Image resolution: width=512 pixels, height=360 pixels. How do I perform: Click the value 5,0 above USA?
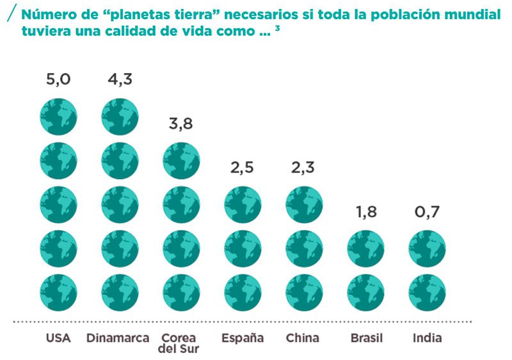pyautogui.click(x=58, y=79)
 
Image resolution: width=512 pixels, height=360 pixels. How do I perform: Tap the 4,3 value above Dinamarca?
pyautogui.click(x=119, y=79)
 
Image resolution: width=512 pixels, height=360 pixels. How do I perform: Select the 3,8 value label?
pyautogui.click(x=181, y=124)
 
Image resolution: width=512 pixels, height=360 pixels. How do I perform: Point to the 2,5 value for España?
pyautogui.click(x=243, y=168)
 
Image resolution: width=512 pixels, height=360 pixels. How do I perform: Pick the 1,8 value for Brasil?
pyautogui.click(x=365, y=212)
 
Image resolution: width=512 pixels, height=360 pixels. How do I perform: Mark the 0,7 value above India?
pyautogui.click(x=427, y=212)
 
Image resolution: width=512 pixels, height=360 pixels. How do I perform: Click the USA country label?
pyautogui.click(x=58, y=338)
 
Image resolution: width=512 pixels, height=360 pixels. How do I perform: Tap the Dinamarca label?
pyautogui.click(x=118, y=338)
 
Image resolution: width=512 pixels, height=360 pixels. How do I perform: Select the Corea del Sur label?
pyautogui.click(x=179, y=343)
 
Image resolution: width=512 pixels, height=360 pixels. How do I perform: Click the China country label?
pyautogui.click(x=303, y=338)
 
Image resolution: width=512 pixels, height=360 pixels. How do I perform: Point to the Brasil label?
pyautogui.click(x=366, y=338)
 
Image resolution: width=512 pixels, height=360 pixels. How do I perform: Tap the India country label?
pyautogui.click(x=427, y=338)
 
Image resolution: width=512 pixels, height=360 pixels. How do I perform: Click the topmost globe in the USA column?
pyautogui.click(x=58, y=116)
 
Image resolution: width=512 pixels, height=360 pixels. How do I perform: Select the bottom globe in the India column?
pyautogui.click(x=427, y=292)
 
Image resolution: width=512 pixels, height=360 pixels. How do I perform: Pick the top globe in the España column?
pyautogui.click(x=243, y=204)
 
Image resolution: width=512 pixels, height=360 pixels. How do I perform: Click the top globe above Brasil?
pyautogui.click(x=365, y=249)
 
